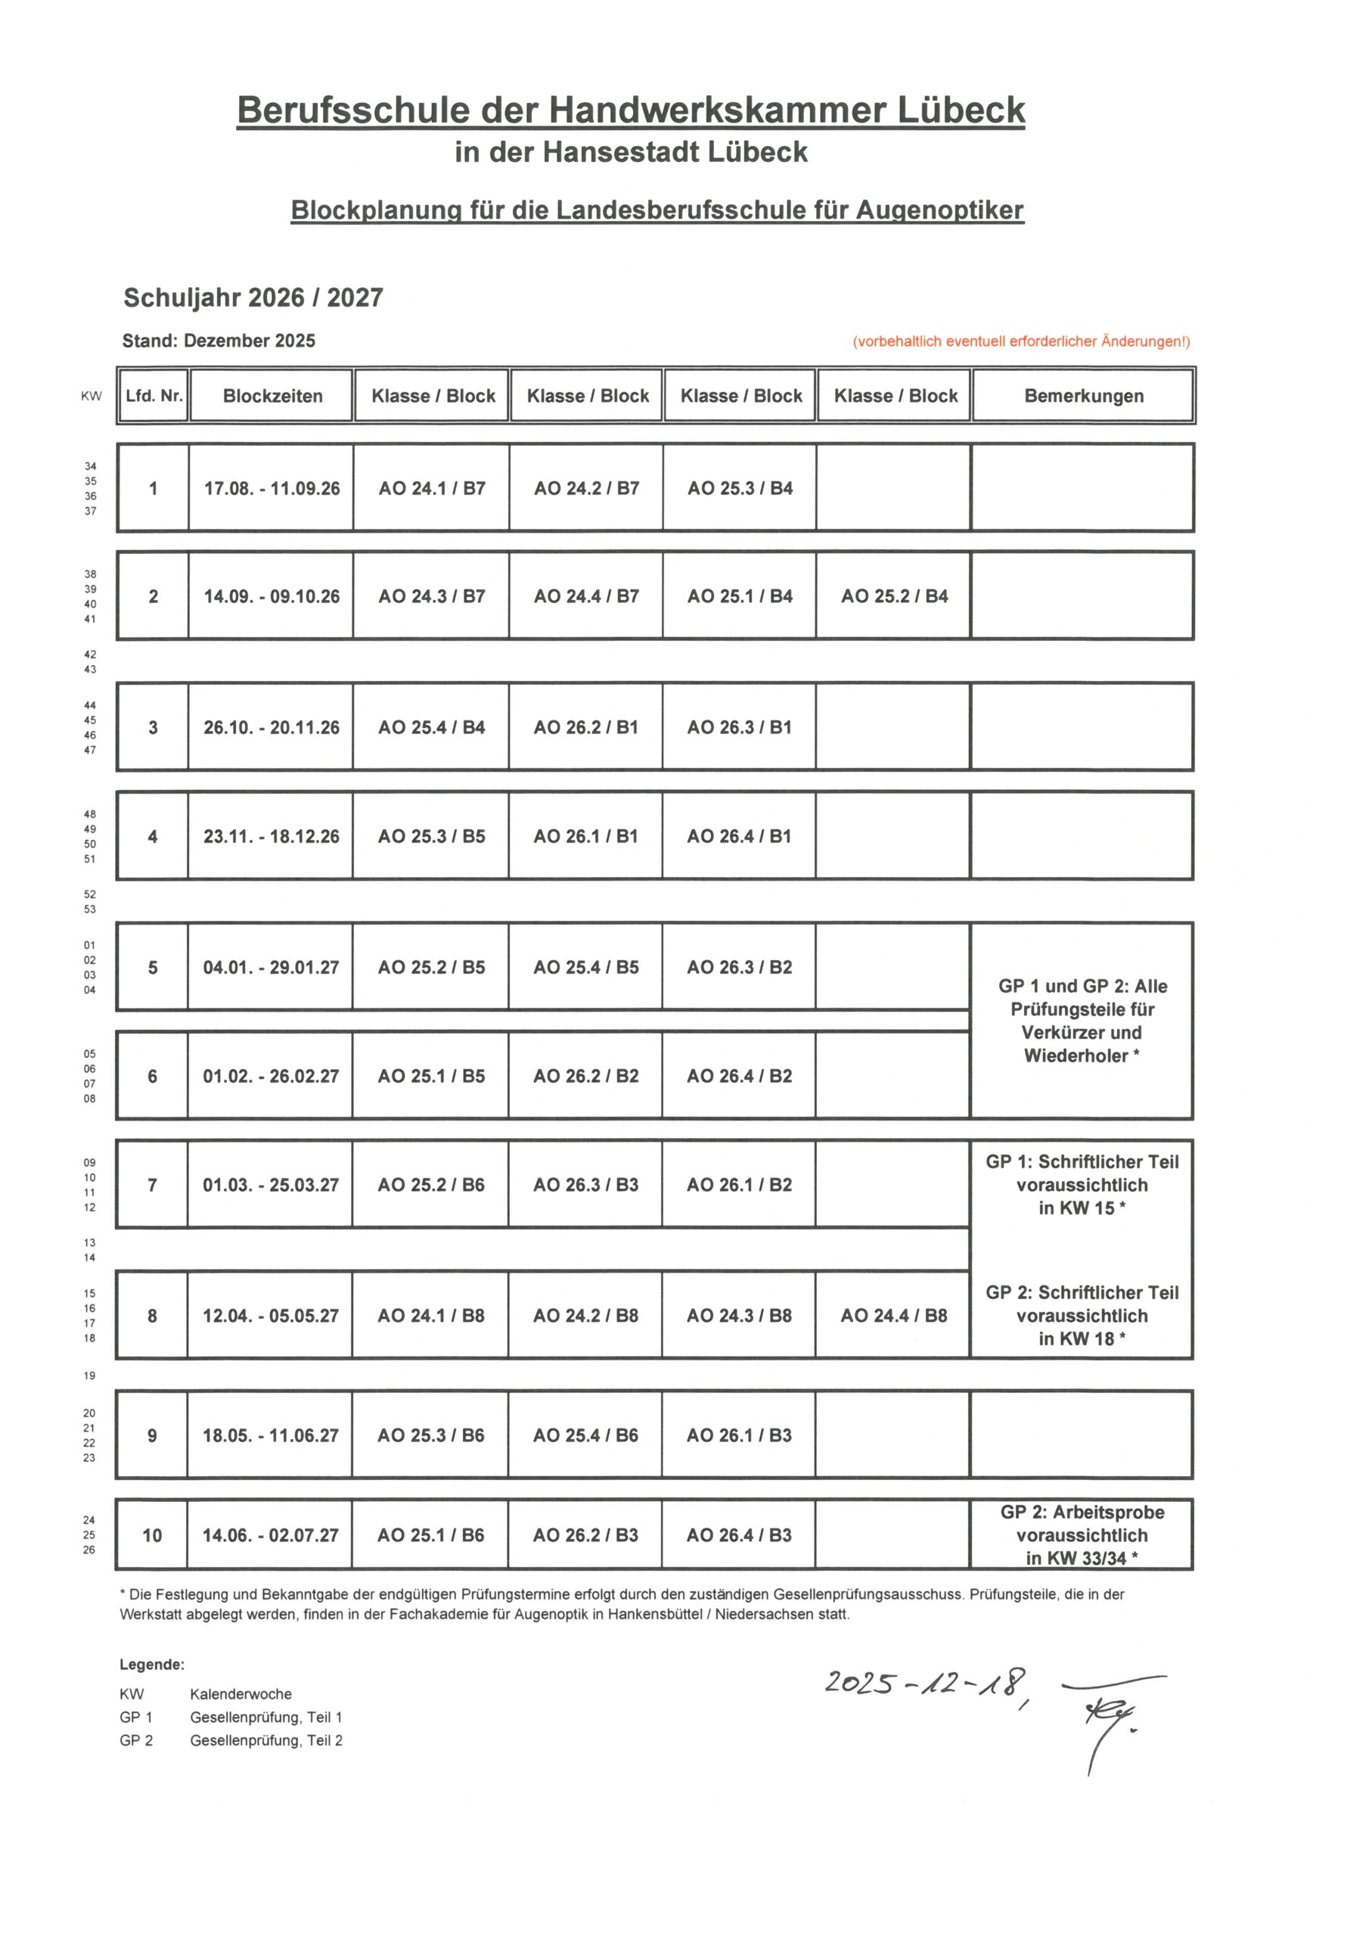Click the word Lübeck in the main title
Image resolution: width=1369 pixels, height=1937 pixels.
point(960,110)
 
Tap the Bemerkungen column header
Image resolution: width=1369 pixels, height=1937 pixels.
point(1083,396)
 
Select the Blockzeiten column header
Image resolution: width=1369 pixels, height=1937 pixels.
point(272,396)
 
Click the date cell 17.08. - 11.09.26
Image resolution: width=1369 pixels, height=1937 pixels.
point(272,489)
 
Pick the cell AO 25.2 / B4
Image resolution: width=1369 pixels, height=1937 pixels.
point(894,596)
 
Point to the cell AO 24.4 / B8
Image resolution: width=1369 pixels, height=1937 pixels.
point(893,1315)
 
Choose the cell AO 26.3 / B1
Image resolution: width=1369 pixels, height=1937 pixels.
point(739,727)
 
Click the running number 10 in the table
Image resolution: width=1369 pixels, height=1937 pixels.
point(152,1535)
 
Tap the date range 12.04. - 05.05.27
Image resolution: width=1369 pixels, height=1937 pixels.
point(271,1315)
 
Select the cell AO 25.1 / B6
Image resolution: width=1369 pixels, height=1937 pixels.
point(430,1535)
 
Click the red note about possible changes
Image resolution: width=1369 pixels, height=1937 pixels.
point(1020,342)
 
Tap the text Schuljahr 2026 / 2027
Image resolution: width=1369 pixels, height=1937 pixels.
point(253,298)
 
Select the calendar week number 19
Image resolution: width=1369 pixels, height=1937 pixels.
point(89,1376)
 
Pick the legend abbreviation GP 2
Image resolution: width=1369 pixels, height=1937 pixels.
point(136,1740)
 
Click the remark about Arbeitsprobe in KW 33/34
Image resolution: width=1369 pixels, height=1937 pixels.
point(1082,1535)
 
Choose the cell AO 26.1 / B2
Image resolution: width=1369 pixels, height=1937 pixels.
point(739,1184)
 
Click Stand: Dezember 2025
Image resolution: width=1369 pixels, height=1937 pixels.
point(219,340)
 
